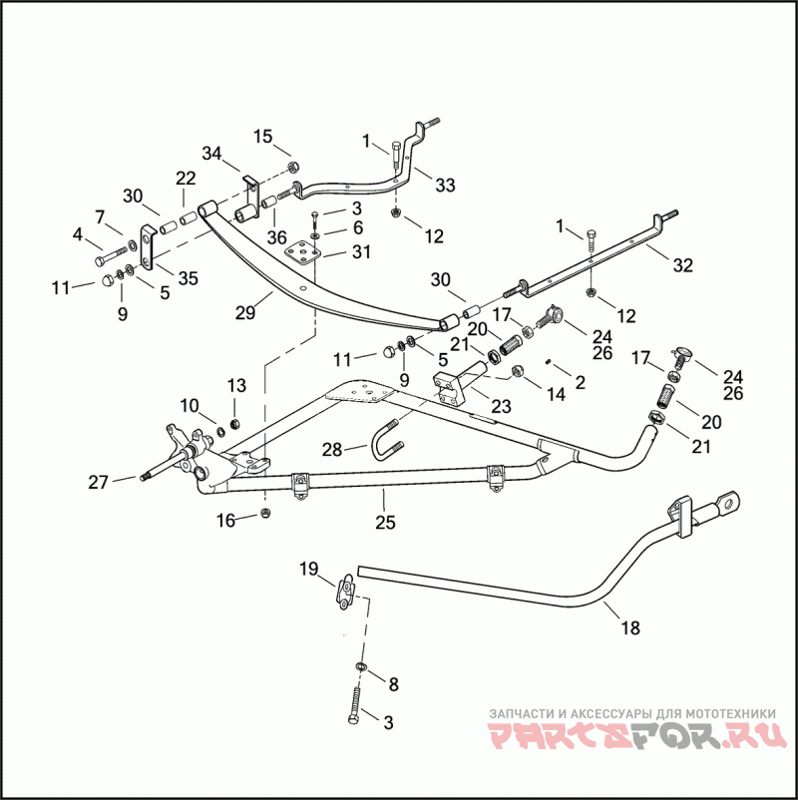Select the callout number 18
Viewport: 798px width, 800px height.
629,628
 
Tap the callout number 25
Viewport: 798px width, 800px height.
385,522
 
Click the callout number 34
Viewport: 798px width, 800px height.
211,154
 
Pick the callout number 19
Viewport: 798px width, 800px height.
308,570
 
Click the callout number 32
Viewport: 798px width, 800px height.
682,265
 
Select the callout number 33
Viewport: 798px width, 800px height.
445,185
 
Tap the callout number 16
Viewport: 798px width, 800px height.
226,519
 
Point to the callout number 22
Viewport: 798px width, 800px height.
186,178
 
